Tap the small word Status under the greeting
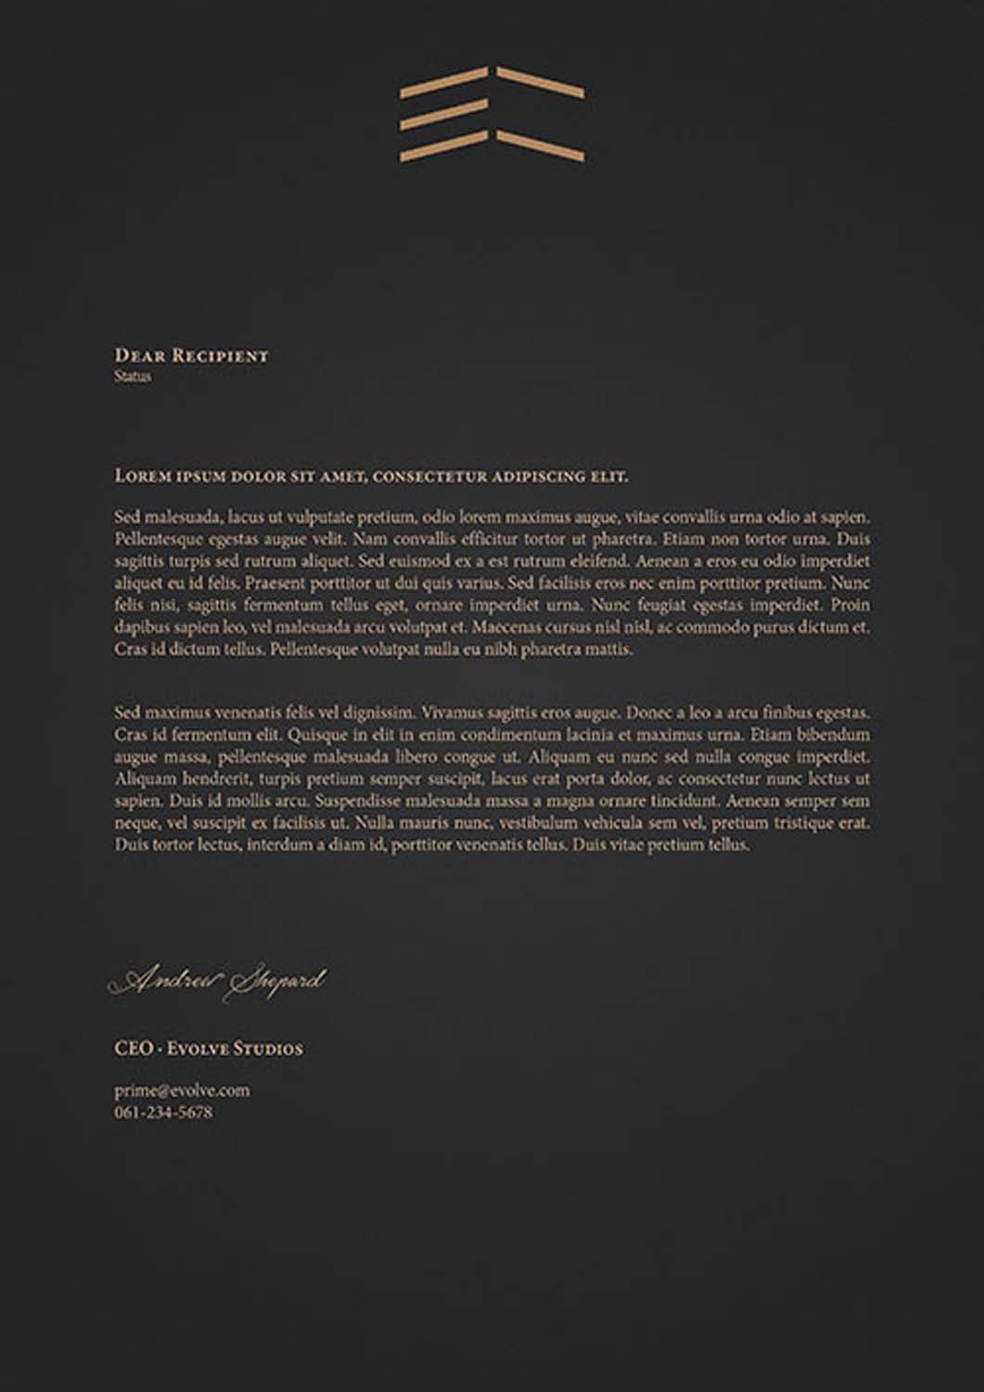click(133, 377)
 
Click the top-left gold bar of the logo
click(443, 82)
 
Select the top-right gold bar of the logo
click(540, 82)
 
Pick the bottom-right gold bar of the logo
click(540, 146)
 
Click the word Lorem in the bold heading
click(142, 476)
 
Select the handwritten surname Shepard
click(275, 982)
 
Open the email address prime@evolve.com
click(182, 1090)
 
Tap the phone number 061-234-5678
click(163, 1112)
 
